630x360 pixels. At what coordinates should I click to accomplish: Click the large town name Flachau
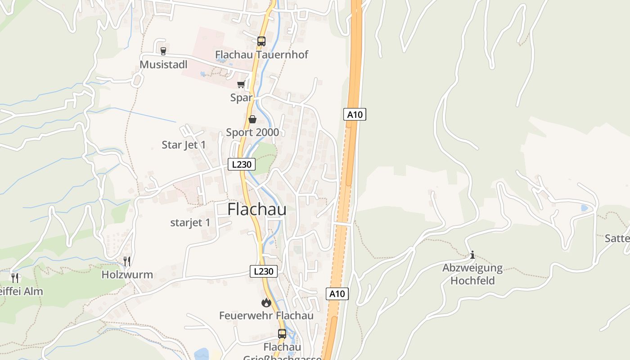(257, 209)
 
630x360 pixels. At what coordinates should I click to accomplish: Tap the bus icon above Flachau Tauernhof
(261, 41)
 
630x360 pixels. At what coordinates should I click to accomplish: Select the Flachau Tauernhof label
(261, 55)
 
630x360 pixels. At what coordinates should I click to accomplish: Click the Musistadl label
(163, 65)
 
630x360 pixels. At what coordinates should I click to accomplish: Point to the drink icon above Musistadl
(163, 51)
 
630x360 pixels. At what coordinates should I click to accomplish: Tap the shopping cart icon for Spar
(242, 84)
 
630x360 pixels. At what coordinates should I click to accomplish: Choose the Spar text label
(241, 98)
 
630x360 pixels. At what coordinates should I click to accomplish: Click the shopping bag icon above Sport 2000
(252, 119)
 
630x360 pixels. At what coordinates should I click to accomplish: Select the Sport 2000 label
(252, 132)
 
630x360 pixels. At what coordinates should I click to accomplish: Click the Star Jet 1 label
(184, 145)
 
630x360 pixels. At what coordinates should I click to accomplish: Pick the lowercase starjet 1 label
(190, 223)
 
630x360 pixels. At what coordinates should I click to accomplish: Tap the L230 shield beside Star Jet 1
(242, 164)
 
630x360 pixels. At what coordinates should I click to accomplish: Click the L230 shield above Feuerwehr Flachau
(264, 271)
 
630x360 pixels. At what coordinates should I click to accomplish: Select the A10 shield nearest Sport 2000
(355, 115)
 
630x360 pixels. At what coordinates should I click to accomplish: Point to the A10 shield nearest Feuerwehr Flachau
(337, 294)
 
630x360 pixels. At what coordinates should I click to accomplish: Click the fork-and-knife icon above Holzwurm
(127, 261)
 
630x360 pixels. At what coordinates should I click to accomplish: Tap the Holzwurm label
(127, 274)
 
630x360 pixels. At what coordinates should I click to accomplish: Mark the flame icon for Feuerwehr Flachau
(266, 302)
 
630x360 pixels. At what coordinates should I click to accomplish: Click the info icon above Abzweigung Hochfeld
(472, 255)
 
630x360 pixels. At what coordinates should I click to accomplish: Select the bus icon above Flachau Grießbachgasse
(282, 334)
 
